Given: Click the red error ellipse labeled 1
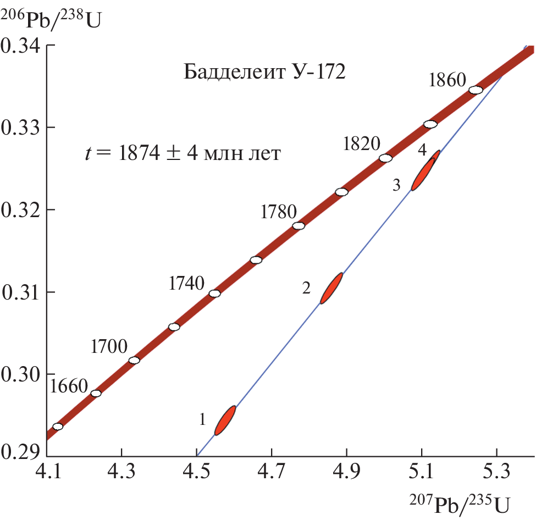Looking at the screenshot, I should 225,421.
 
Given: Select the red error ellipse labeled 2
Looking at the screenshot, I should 331,288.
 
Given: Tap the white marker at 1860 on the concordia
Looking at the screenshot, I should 476,90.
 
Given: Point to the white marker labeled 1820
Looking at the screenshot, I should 386,158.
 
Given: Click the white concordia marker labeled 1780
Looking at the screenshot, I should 299,226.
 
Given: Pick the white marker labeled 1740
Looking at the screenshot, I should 215,294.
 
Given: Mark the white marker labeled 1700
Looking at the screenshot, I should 134,361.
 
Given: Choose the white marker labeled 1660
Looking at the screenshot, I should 96,394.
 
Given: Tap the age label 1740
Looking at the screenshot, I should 187,284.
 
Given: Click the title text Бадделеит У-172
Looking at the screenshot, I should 264,72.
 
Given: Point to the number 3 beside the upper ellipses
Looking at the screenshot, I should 396,186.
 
